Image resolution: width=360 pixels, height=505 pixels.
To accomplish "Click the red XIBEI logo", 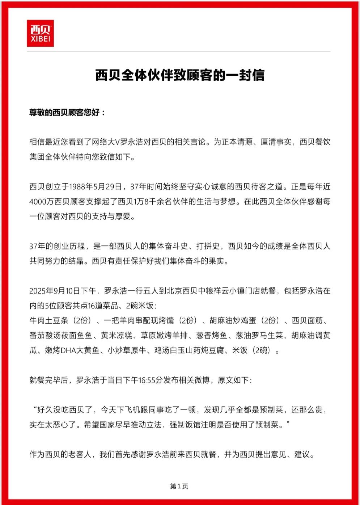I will click(40, 33).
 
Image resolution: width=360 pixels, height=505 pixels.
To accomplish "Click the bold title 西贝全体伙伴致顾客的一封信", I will click(180, 75).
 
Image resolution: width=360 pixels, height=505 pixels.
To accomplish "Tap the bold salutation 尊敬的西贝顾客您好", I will click(67, 113).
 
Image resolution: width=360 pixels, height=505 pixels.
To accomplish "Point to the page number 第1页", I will click(179, 486).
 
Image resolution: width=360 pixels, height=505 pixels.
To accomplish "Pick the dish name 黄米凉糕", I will click(117, 336).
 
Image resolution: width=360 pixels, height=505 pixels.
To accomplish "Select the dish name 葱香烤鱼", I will click(212, 336).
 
